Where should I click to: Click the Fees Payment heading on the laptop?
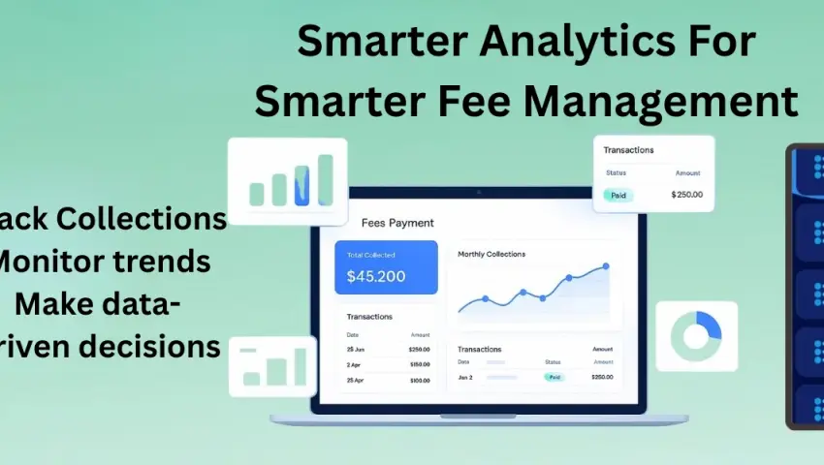point(397,223)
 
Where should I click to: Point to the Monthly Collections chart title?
point(491,254)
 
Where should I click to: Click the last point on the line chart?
point(606,265)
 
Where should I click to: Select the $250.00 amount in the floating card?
point(686,195)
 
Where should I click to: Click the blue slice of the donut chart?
point(707,325)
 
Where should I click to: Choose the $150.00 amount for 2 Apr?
point(419,364)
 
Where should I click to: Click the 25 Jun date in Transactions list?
point(356,349)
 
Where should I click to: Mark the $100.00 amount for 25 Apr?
point(419,381)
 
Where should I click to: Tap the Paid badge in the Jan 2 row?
point(554,377)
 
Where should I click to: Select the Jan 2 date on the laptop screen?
point(465,377)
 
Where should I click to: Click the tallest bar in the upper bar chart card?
point(326,180)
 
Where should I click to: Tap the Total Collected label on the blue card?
point(371,255)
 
